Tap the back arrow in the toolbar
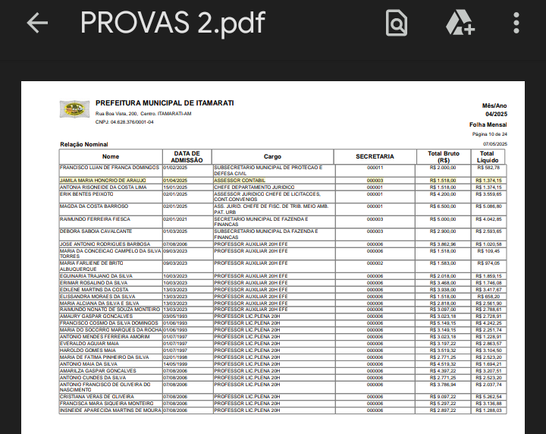[37, 23]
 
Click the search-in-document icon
[396, 23]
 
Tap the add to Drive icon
[460, 23]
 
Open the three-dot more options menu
[516, 23]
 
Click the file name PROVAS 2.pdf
[172, 23]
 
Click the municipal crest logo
[74, 110]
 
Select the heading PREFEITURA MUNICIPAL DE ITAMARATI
[165, 103]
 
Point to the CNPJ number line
[124, 121]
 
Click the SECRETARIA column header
[375, 156]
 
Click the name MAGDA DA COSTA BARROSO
[94, 206]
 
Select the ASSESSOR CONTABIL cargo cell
[240, 181]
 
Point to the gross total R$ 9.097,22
[443, 397]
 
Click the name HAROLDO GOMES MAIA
[86, 350]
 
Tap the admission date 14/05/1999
[175, 363]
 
